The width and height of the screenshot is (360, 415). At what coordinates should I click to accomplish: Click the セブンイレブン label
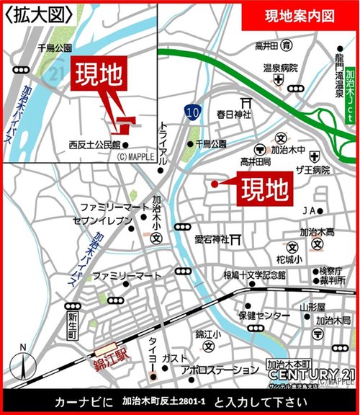click(x=104, y=220)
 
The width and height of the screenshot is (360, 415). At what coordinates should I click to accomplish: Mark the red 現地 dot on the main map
click(x=214, y=184)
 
